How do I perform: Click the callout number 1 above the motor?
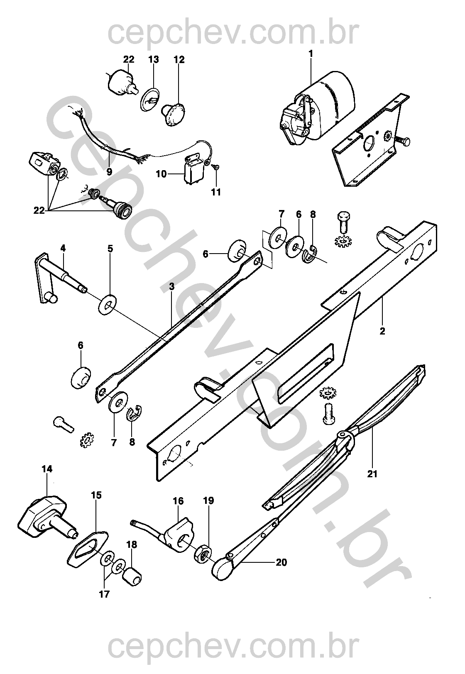(x=311, y=54)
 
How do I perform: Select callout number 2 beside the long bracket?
(x=382, y=331)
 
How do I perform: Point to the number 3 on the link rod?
(x=172, y=286)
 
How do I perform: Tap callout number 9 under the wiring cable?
(x=109, y=172)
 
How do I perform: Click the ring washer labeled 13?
(x=150, y=99)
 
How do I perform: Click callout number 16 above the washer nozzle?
(x=178, y=501)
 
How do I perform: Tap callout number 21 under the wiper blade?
(x=372, y=474)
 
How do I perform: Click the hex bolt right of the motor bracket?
(x=402, y=141)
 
